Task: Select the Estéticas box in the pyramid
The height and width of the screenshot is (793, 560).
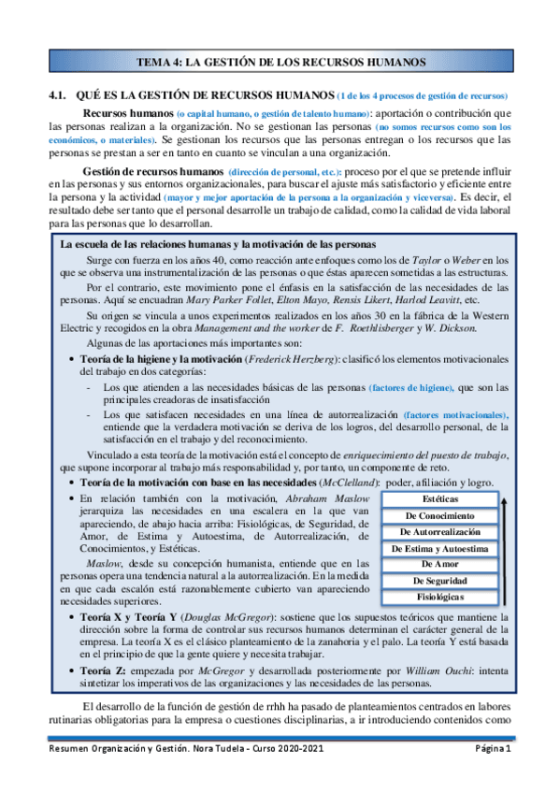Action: tap(438, 499)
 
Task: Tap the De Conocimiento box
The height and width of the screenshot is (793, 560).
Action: tap(438, 515)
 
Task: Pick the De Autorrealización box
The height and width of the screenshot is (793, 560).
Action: tap(438, 532)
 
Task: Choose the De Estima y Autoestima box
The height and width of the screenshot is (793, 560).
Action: tap(438, 548)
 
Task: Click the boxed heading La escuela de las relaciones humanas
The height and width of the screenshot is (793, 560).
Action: tap(205, 244)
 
